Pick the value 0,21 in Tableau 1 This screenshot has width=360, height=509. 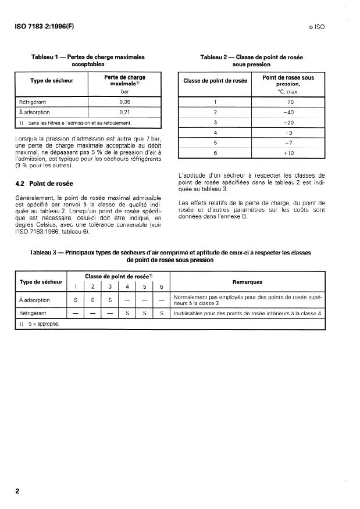pos(124,112)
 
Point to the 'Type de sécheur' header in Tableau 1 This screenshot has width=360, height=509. pos(51,81)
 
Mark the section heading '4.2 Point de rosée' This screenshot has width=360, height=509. pos(43,184)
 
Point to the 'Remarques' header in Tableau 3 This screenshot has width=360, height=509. pos(247,282)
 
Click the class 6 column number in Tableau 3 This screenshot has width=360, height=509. pos(161,286)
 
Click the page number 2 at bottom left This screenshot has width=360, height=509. pos(17,491)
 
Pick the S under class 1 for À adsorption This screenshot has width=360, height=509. pos(75,300)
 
